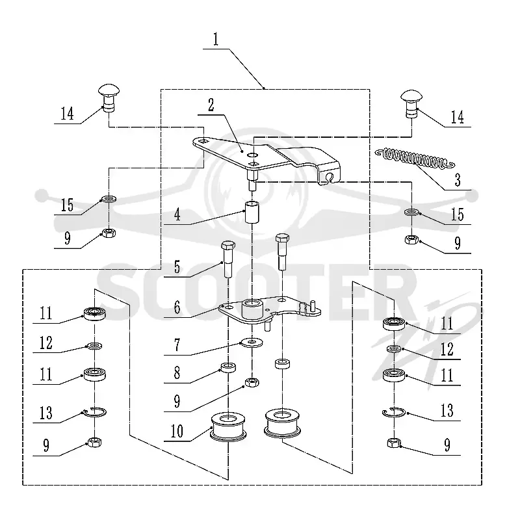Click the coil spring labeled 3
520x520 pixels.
point(415,158)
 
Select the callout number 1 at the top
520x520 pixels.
point(216,39)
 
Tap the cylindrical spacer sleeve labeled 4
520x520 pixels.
point(252,212)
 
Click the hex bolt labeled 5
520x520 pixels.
point(228,259)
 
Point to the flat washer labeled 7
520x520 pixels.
point(252,343)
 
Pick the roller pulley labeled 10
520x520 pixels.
point(229,428)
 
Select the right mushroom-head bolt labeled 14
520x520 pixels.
point(411,103)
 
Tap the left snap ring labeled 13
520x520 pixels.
point(95,412)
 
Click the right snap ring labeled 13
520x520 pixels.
point(394,412)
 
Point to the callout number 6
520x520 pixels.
point(177,307)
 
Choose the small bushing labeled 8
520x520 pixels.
point(228,367)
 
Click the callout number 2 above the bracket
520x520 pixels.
point(211,105)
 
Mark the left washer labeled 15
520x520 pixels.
point(109,199)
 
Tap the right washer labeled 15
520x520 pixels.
point(411,212)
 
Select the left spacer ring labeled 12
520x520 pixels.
point(95,346)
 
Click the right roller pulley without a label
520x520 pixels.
point(282,423)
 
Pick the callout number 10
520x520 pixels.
point(177,431)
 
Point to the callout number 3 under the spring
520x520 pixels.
point(458,180)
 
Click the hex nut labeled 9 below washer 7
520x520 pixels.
point(252,382)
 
